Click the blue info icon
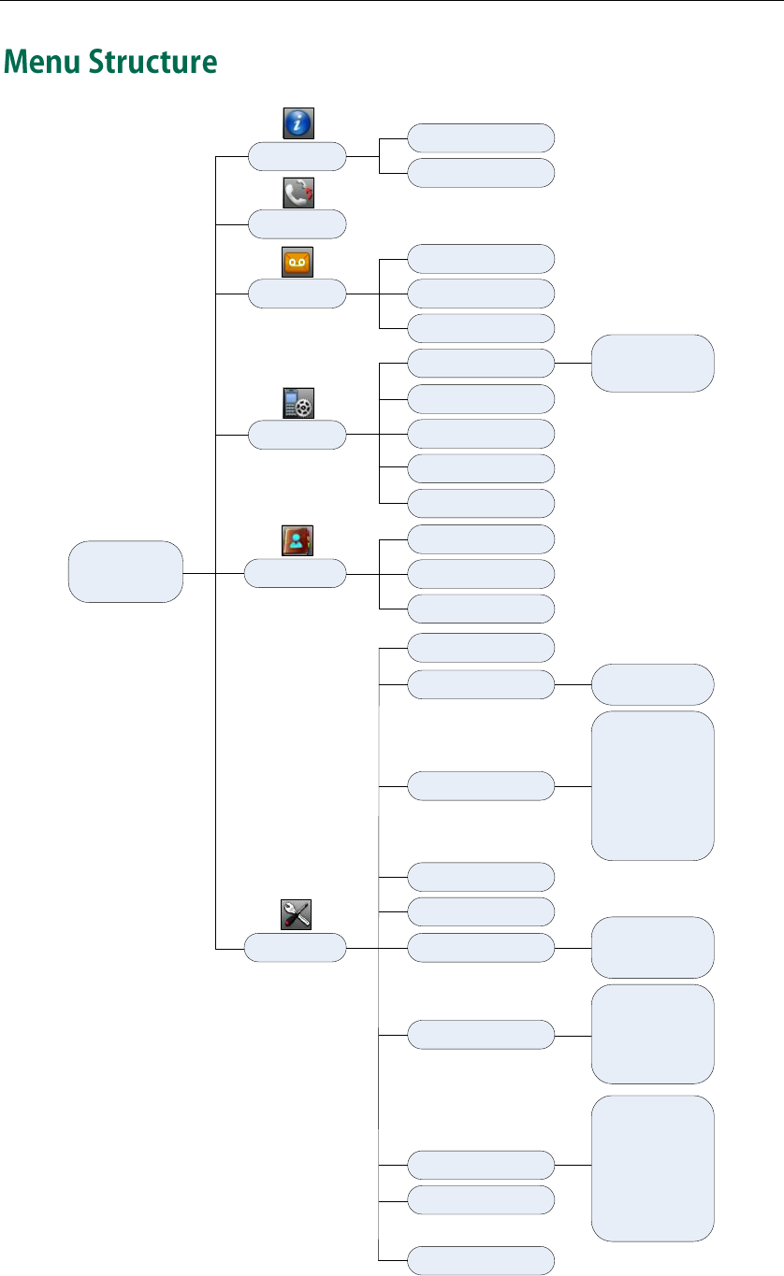[x=298, y=123]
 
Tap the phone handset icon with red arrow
[x=298, y=194]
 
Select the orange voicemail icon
[x=298, y=263]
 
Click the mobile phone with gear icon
[x=298, y=403]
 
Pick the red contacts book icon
[x=298, y=540]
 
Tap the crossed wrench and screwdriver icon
[x=297, y=915]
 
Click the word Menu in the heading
[x=42, y=63]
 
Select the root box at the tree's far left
[x=125, y=571]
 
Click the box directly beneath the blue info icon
[x=297, y=156]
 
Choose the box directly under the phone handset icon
[x=297, y=224]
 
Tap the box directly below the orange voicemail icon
[x=297, y=294]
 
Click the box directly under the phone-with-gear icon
[x=297, y=435]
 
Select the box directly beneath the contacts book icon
[x=295, y=573]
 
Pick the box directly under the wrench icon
[x=295, y=950]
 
